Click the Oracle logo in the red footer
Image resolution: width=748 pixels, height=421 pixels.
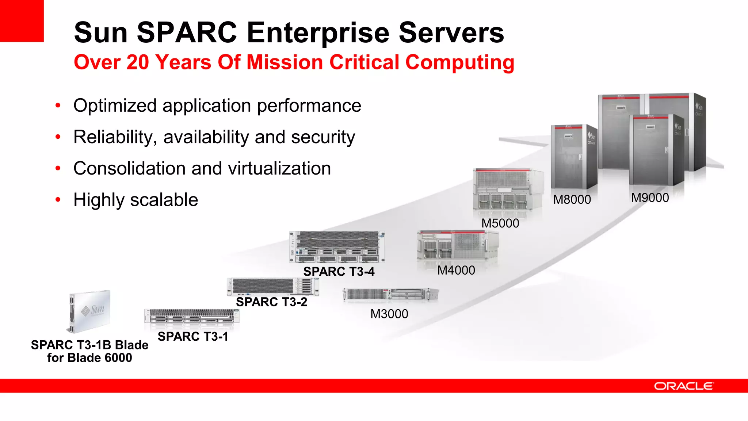pos(683,386)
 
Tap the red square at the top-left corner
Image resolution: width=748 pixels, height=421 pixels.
pos(22,20)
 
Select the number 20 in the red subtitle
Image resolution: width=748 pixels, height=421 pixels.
pos(138,62)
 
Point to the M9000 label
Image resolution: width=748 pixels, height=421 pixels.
pos(650,198)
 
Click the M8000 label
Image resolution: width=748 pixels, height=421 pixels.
pos(572,199)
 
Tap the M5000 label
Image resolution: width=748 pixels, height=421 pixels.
pos(500,223)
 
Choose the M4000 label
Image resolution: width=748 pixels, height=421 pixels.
pos(456,270)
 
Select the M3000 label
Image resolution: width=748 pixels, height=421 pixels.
pos(389,314)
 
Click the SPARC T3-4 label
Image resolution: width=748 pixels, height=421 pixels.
pos(339,271)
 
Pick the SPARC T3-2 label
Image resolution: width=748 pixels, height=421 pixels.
pos(271,302)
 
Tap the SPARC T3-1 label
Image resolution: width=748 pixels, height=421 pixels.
pos(193,336)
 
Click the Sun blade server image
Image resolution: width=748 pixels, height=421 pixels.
pos(90,311)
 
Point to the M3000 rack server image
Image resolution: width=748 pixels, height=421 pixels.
pos(390,294)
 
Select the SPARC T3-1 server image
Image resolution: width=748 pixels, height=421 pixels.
pos(192,316)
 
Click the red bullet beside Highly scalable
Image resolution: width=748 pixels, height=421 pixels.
pos(58,200)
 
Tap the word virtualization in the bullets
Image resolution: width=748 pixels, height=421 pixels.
pos(279,168)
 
